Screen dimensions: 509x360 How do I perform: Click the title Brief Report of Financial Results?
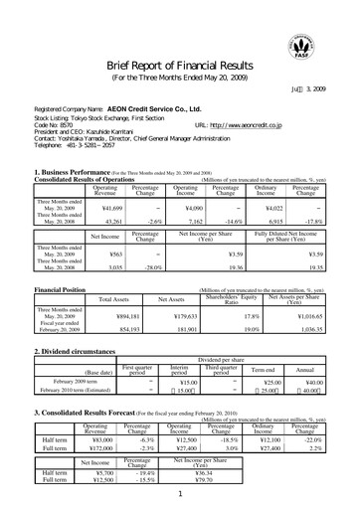pyautogui.click(x=180, y=65)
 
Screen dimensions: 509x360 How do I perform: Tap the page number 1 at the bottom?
pyautogui.click(x=180, y=494)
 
